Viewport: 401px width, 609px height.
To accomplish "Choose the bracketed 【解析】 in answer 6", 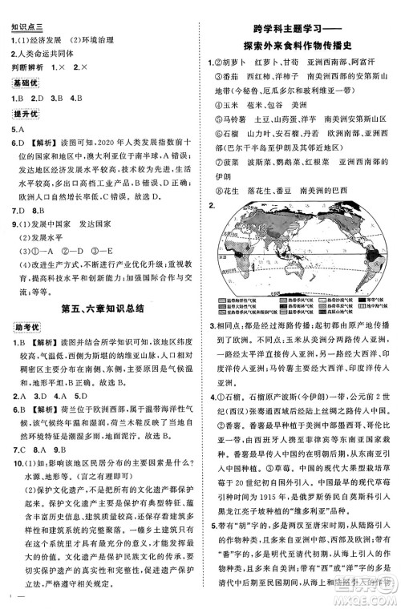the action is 41,142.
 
